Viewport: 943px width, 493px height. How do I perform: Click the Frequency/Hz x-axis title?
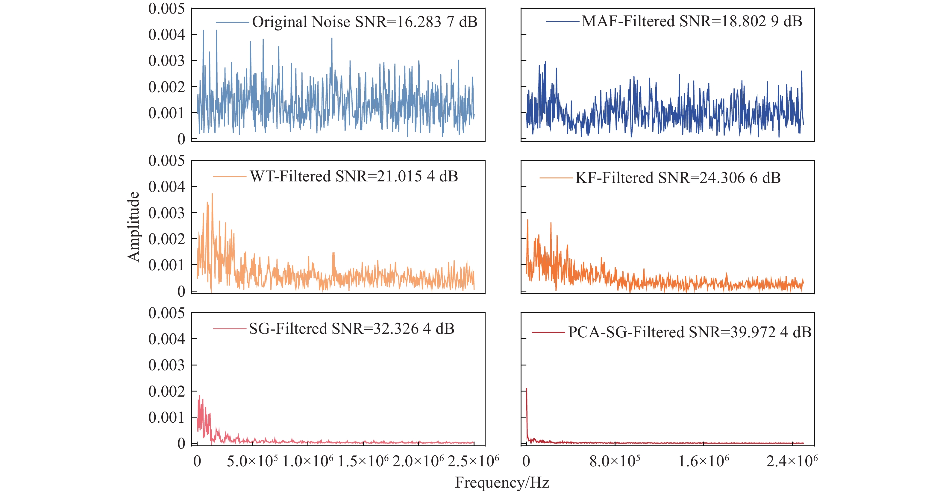tap(502, 483)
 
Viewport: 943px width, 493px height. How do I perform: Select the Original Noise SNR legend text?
tap(365, 22)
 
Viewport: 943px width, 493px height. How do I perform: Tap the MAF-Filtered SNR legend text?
tap(692, 21)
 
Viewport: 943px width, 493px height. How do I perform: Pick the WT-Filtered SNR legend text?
tap(354, 176)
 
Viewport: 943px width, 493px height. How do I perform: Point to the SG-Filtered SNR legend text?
tap(351, 329)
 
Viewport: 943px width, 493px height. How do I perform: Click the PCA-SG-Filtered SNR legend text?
tap(690, 332)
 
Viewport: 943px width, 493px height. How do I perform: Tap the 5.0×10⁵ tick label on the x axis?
tap(252, 461)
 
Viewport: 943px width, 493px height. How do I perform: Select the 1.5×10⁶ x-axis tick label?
tap(363, 461)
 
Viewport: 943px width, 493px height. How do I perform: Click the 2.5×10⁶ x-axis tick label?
tap(473, 461)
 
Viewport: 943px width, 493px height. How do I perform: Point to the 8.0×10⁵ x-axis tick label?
tap(615, 461)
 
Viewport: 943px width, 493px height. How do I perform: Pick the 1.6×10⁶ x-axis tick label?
tap(704, 461)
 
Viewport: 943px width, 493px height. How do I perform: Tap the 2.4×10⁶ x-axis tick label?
tap(792, 461)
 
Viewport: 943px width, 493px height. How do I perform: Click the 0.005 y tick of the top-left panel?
tap(166, 9)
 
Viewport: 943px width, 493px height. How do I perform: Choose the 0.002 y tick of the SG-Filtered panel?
tap(166, 391)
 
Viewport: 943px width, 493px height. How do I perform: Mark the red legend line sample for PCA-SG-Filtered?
tap(548, 332)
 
